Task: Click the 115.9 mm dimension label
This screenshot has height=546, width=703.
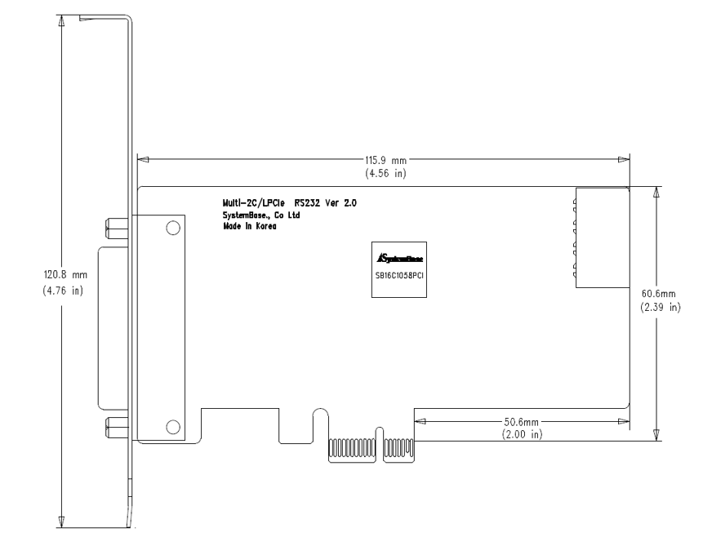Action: coord(385,160)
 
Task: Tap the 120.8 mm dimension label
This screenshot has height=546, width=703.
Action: coord(65,274)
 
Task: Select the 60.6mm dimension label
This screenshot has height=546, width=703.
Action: coord(658,294)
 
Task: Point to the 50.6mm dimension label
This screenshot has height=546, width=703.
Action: coord(522,422)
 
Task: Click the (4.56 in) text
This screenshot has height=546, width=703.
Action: coord(385,173)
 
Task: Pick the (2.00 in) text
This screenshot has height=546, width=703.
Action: coord(522,434)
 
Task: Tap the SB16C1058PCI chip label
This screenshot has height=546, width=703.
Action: coord(399,276)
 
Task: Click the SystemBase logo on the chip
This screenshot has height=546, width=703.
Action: coord(399,258)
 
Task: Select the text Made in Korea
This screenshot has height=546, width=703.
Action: coord(250,226)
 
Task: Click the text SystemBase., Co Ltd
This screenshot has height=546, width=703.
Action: coord(261,215)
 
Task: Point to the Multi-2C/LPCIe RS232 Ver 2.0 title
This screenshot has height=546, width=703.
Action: coord(290,203)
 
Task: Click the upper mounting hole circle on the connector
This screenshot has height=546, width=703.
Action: coord(173,228)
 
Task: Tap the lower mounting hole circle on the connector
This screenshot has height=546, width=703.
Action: coord(173,427)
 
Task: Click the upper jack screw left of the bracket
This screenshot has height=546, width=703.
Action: coord(117,229)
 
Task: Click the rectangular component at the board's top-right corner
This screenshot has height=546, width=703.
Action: coord(602,237)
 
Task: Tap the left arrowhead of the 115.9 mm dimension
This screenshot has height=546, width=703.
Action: coord(143,160)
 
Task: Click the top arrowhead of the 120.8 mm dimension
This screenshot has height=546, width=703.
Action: coord(61,20)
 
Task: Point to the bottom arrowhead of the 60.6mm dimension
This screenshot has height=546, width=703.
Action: coord(656,435)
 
